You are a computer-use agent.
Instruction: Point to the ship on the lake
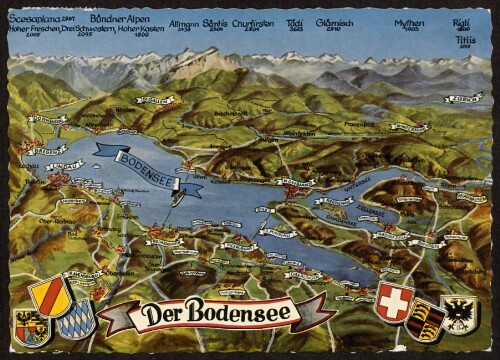[176, 196]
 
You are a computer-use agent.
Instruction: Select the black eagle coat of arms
[461, 313]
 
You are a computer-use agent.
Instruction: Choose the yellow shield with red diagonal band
[48, 297]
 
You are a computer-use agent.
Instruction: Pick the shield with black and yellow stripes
[428, 317]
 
